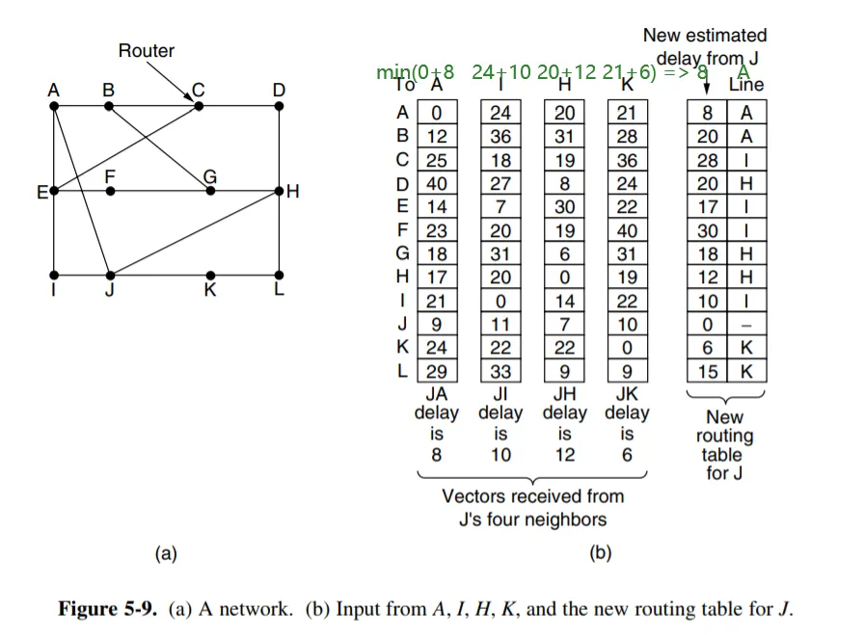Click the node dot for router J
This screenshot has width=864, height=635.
pyautogui.click(x=110, y=275)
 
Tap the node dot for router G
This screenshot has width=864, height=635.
pyautogui.click(x=210, y=191)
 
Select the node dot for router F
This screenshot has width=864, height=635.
pyautogui.click(x=110, y=191)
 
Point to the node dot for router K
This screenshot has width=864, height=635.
pyautogui.click(x=210, y=275)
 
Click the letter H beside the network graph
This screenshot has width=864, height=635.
pyautogui.click(x=293, y=192)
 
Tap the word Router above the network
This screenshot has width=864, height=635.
pyautogui.click(x=147, y=50)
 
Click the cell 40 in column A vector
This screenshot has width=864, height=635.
pyautogui.click(x=437, y=183)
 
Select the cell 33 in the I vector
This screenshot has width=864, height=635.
pyautogui.click(x=500, y=371)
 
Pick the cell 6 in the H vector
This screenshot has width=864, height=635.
pyautogui.click(x=564, y=254)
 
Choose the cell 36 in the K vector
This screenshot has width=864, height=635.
pyautogui.click(x=628, y=160)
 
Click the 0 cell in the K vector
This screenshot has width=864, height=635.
pyautogui.click(x=628, y=348)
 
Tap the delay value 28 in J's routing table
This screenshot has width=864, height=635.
pyautogui.click(x=708, y=160)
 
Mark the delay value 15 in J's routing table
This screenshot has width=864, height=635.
pyautogui.click(x=708, y=371)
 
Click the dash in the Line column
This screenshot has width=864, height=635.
pyautogui.click(x=746, y=325)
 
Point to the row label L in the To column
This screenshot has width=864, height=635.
pyautogui.click(x=403, y=371)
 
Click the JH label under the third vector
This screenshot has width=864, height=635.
pyautogui.click(x=564, y=393)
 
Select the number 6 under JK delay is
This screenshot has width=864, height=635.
pyautogui.click(x=628, y=455)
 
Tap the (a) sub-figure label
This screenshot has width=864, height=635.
pyautogui.click(x=166, y=553)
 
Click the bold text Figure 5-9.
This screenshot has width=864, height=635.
pyautogui.click(x=108, y=609)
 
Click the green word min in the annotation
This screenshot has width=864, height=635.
pyautogui.click(x=392, y=72)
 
